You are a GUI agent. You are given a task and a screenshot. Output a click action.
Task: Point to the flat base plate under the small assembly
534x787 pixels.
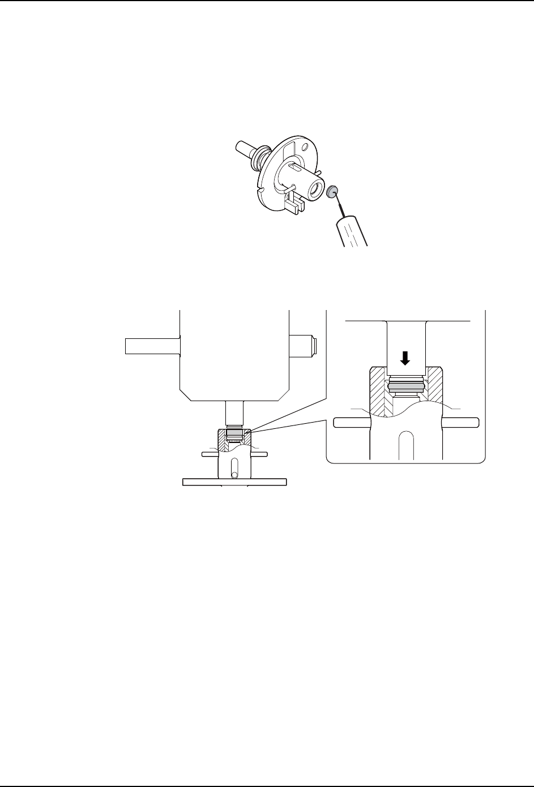[234, 482]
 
